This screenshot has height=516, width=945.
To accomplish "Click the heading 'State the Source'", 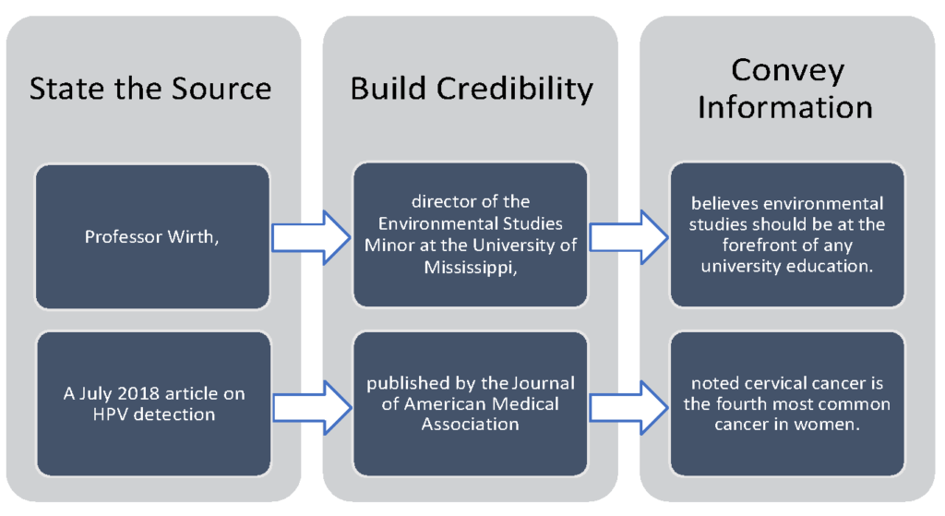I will tap(150, 89).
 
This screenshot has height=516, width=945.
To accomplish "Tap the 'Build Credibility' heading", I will tap(471, 89).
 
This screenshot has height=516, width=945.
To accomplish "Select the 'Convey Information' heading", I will tap(785, 89).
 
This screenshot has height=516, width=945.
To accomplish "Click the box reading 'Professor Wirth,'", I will tap(152, 236).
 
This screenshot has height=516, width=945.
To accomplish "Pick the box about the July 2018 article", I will tap(152, 404).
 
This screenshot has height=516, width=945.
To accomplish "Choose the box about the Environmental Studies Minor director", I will tap(471, 236).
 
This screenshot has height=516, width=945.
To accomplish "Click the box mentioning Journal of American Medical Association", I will tap(471, 404).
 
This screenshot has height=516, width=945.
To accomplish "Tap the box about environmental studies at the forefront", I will tap(785, 236).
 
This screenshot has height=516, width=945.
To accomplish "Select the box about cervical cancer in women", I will tap(785, 404).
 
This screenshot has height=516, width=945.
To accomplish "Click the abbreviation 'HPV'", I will tap(109, 414).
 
